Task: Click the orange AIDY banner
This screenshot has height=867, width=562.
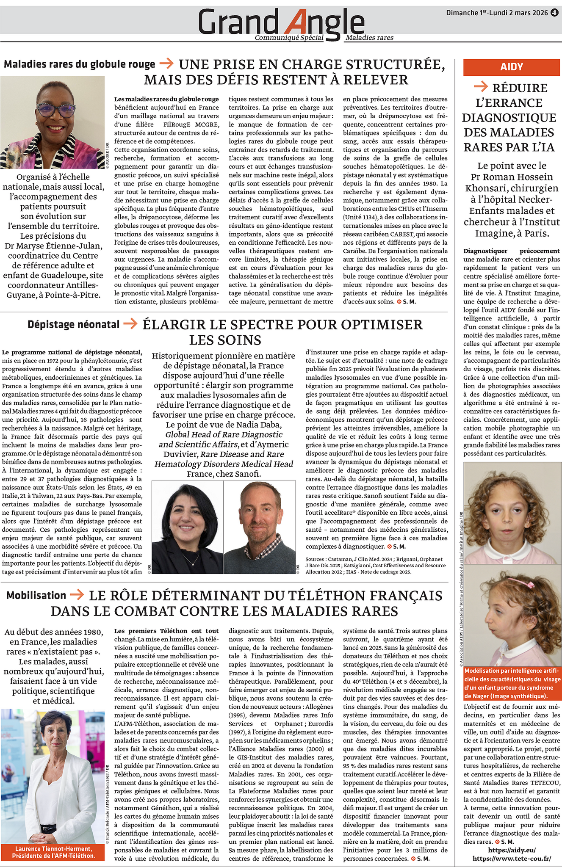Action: (x=512, y=67)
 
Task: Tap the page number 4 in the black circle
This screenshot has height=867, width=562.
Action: (x=554, y=13)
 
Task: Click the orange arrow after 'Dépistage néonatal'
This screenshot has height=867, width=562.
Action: (x=130, y=324)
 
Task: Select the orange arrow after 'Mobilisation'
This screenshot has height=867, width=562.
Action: (x=77, y=595)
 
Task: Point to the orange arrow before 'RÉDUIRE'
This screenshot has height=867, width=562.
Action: (x=481, y=87)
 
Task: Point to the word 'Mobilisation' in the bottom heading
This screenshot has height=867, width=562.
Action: (x=36, y=595)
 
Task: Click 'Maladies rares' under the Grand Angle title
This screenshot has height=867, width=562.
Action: (x=369, y=38)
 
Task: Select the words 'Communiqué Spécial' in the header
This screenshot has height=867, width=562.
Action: (x=289, y=38)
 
